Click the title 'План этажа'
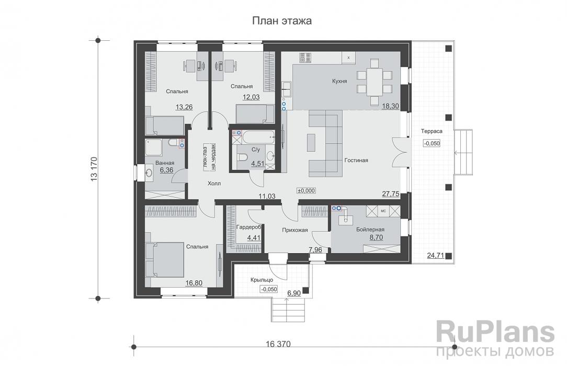[x=282, y=21]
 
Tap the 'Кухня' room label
[x=339, y=81]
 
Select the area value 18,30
[x=391, y=106]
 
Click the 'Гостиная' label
[x=356, y=160]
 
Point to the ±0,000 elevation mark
[x=307, y=191]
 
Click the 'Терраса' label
[x=432, y=131]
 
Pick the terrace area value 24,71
[x=435, y=256]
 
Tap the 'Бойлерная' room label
[x=370, y=230]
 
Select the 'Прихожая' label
[x=295, y=230]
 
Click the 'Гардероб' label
[x=249, y=227]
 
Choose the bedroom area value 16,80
[x=194, y=283]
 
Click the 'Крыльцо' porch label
[x=262, y=280]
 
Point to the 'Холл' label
[x=214, y=184]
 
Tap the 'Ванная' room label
[x=165, y=163]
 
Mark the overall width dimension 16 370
[x=278, y=344]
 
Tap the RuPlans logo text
[x=495, y=333]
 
